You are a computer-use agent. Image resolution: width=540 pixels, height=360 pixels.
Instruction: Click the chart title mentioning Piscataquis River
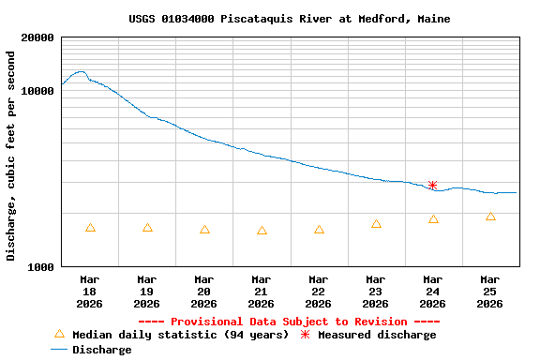point(289,19)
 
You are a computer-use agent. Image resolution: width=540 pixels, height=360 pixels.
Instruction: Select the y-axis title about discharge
point(11,156)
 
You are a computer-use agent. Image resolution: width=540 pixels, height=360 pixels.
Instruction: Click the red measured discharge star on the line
point(433,186)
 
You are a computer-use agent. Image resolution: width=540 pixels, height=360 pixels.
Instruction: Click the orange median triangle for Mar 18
point(91,228)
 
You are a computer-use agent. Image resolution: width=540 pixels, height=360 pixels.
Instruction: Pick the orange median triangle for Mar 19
point(148,228)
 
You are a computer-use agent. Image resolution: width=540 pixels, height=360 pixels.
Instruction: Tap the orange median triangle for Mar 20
point(205,230)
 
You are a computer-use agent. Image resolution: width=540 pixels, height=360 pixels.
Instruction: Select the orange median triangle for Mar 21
point(262,231)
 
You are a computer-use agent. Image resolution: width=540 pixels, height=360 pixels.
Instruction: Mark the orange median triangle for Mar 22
point(320,230)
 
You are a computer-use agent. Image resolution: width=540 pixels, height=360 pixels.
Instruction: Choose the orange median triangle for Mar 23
point(377,224)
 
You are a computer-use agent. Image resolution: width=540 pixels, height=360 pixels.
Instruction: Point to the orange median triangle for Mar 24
point(434,219)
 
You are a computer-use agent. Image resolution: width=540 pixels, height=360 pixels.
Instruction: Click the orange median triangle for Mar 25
point(491,217)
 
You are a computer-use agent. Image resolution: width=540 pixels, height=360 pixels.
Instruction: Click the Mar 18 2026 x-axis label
point(90,292)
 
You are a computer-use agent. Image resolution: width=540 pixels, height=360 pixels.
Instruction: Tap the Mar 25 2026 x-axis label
point(490,292)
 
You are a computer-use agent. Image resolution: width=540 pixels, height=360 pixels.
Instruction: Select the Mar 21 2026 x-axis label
point(262,292)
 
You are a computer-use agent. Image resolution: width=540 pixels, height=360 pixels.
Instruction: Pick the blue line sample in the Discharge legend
point(60,350)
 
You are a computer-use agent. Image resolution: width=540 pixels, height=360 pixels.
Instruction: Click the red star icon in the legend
point(306,335)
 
